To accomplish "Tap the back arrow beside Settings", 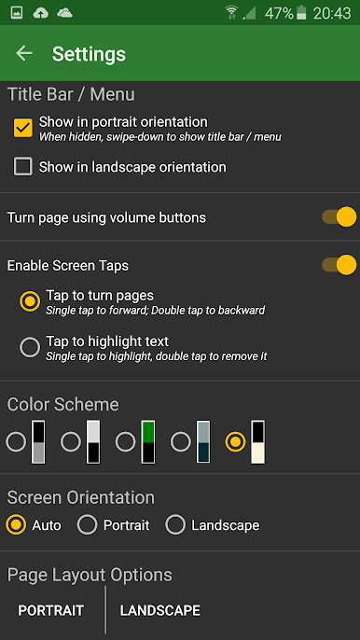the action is point(24,53).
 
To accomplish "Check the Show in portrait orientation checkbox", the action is point(23,128).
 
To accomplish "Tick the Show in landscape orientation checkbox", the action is point(23,167).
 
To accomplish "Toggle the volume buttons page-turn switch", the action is point(339,217).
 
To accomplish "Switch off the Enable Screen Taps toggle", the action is point(339,265).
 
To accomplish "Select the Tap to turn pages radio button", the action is point(30,301).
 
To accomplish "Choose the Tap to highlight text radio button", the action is point(30,347).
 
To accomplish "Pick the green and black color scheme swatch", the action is point(148,442).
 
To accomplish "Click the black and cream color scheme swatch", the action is point(257,442).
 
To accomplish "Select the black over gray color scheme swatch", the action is point(38,442).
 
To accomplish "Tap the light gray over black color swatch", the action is point(93,442).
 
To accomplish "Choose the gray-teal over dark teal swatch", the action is point(203,442).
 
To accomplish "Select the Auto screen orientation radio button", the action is point(17,525).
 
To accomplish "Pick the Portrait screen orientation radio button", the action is point(88,525).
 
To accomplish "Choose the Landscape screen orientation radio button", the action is point(175,525).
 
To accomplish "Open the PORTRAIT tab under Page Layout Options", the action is point(51,610).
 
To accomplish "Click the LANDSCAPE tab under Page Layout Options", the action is point(160,610).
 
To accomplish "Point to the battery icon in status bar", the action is point(301,13).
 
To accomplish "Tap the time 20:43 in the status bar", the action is point(332,13).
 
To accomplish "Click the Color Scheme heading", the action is point(63,405).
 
